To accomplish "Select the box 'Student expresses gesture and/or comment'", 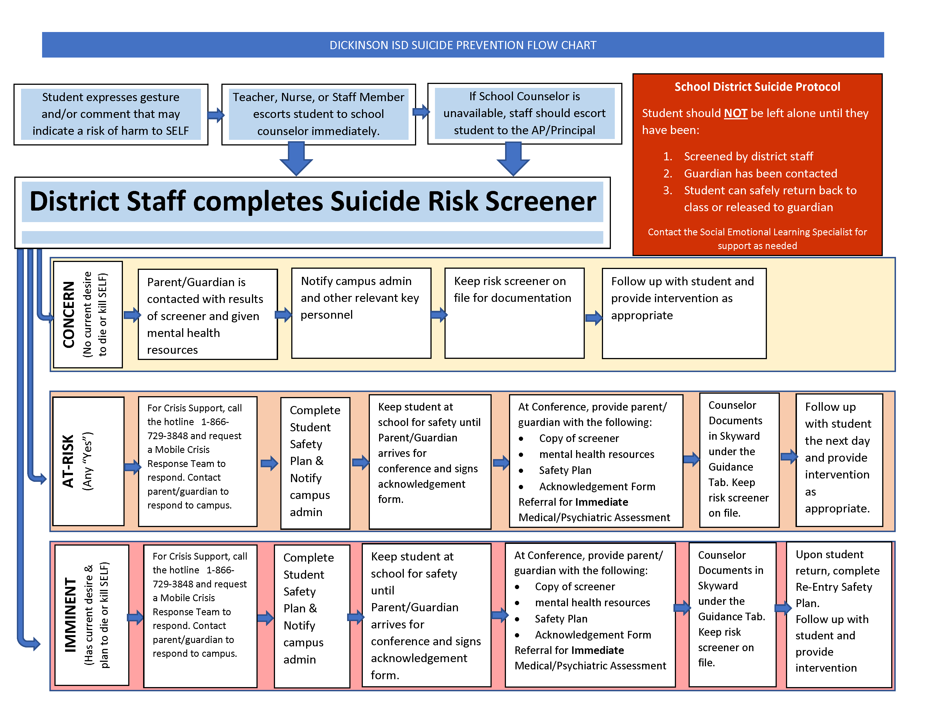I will pyautogui.click(x=111, y=114).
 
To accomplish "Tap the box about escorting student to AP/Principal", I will pyautogui.click(x=524, y=113).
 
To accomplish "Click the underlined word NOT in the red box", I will pyautogui.click(x=735, y=113).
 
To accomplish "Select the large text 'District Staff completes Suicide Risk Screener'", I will pyautogui.click(x=313, y=202).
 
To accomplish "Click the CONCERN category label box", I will pyautogui.click(x=88, y=314).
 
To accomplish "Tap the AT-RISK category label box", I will pyautogui.click(x=88, y=461).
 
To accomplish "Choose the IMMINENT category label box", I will pyautogui.click(x=91, y=615).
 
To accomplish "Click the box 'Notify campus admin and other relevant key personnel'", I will pyautogui.click(x=361, y=313).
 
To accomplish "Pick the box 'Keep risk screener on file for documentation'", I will pyautogui.click(x=514, y=313).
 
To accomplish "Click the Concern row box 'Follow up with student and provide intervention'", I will pyautogui.click(x=684, y=313).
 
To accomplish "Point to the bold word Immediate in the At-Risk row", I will pyautogui.click(x=601, y=502).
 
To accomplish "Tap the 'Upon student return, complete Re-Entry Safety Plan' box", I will pyautogui.click(x=839, y=614).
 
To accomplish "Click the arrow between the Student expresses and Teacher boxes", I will pyautogui.click(x=216, y=115).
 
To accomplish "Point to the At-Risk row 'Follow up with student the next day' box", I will pyautogui.click(x=839, y=460).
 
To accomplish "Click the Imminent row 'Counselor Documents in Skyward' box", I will pyautogui.click(x=732, y=614).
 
